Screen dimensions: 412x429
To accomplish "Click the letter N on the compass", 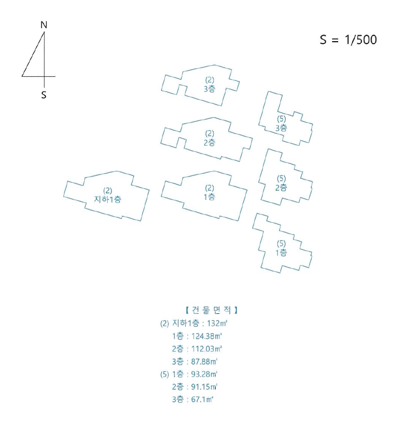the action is tap(44, 25).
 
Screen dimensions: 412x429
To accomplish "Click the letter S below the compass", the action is tap(43, 95).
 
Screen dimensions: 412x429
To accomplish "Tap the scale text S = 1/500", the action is tap(348, 40).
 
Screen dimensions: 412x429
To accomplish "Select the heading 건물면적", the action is tap(211, 310).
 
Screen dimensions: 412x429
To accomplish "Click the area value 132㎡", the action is tap(217, 323).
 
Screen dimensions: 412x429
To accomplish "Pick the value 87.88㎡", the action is tap(204, 361).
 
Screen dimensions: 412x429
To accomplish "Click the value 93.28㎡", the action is tap(204, 374).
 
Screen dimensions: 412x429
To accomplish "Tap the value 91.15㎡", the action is tap(204, 387).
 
